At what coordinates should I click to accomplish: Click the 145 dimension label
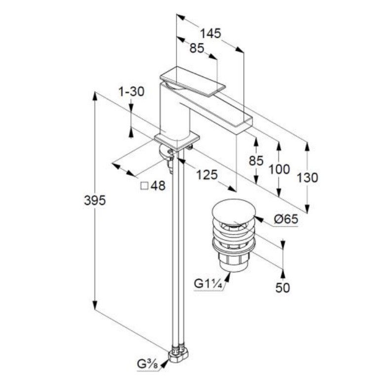[210, 34]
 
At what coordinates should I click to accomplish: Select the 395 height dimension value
[95, 200]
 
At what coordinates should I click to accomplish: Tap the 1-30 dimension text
[131, 91]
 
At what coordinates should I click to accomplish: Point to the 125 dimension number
[206, 174]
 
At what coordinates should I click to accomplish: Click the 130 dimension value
[307, 178]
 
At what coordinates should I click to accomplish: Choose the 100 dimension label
[279, 169]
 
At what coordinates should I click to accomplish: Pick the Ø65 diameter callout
[286, 219]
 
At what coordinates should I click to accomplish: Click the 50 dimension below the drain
[283, 288]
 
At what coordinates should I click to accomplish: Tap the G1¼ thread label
[207, 284]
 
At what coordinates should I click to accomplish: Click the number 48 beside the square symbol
[158, 186]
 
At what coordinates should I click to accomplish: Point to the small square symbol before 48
[145, 186]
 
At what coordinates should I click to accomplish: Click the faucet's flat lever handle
[193, 79]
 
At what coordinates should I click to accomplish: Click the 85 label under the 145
[197, 48]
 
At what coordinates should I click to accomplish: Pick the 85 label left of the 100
[255, 161]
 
